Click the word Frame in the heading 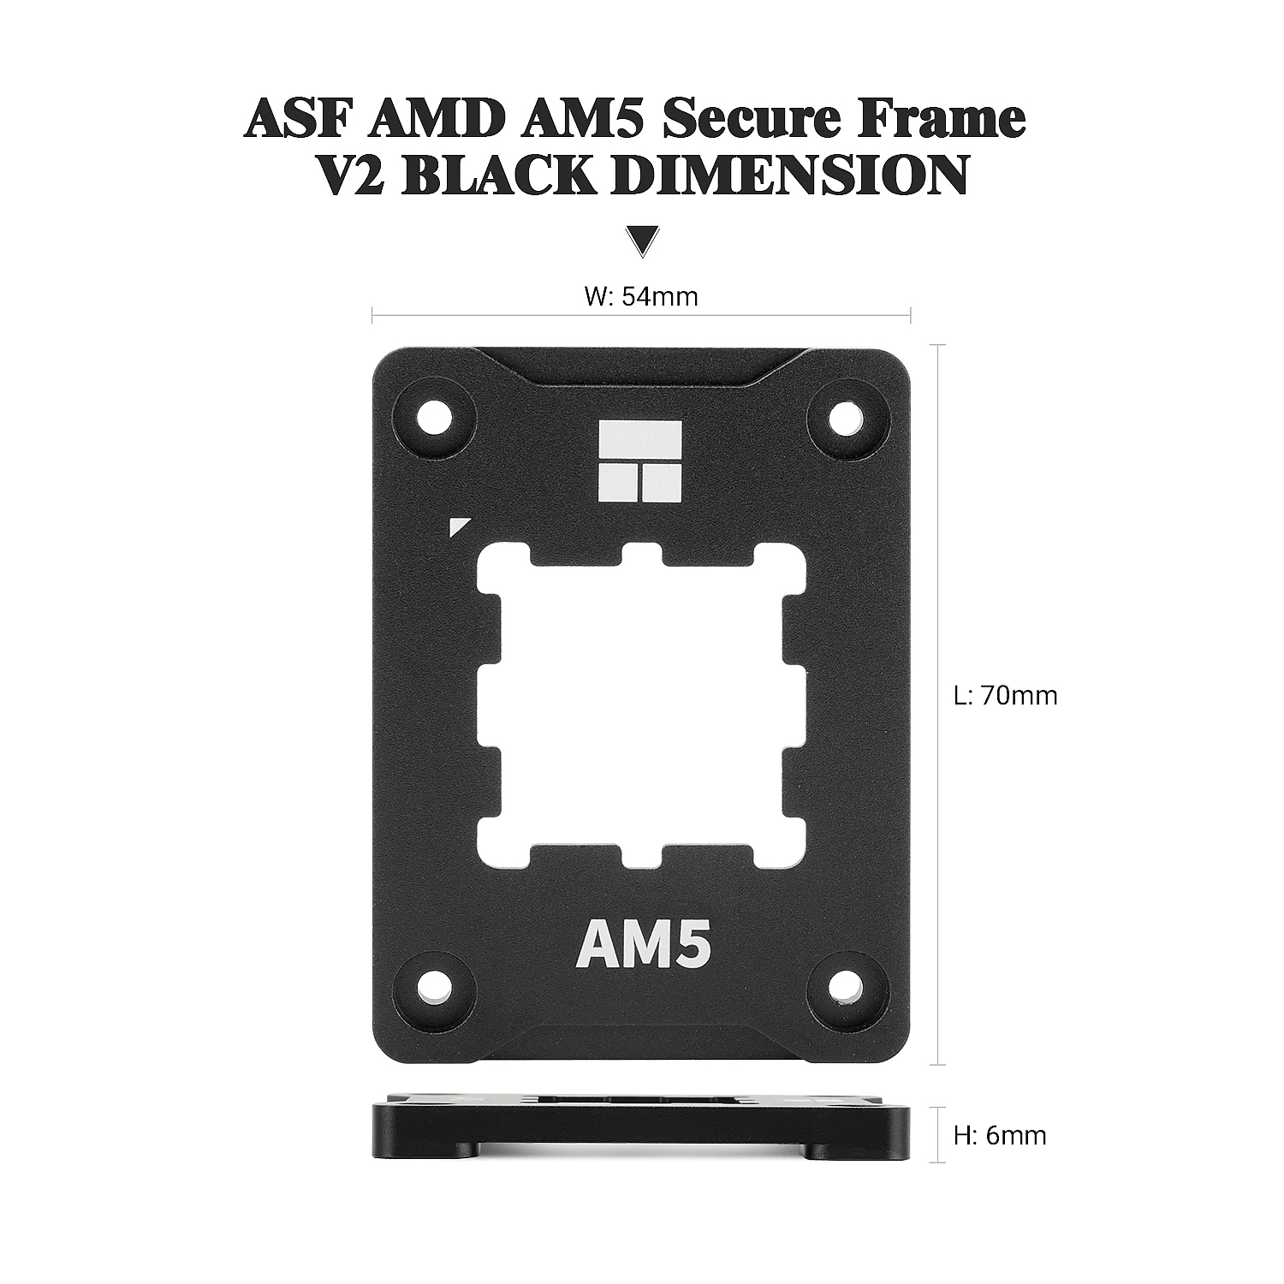point(931,118)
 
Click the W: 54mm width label point(641,296)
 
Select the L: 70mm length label point(1006,695)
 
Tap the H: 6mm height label point(1000,1136)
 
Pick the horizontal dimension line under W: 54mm point(641,316)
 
